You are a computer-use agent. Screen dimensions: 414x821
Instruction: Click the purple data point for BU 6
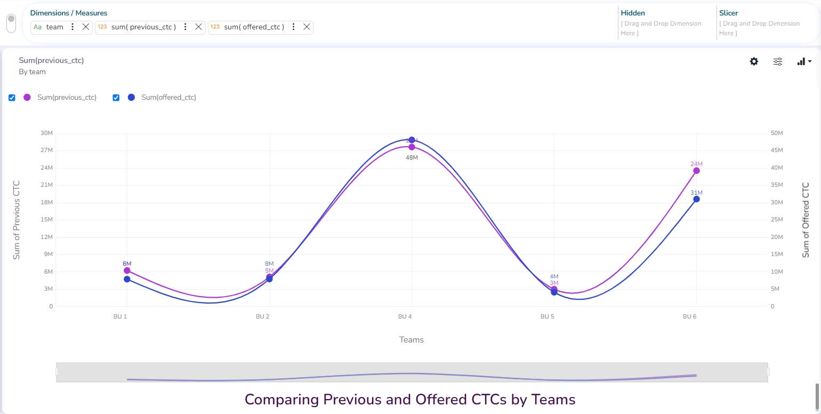coord(696,171)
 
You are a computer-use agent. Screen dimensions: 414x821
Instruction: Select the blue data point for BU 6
coord(696,199)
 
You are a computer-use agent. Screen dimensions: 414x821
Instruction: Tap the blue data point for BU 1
coord(127,279)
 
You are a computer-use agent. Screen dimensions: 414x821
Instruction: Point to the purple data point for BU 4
coord(412,147)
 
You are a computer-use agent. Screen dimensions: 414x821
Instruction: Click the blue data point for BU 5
coord(554,292)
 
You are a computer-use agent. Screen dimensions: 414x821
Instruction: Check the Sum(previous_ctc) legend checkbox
coord(12,98)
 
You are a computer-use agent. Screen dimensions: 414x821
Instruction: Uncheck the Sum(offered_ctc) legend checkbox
coord(116,98)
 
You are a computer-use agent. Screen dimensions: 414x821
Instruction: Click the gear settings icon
coord(754,61)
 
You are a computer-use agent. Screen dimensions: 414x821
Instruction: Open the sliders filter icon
coord(778,61)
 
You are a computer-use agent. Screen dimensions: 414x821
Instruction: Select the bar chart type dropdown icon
coord(804,61)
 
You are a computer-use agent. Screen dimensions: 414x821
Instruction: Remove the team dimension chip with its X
coord(85,27)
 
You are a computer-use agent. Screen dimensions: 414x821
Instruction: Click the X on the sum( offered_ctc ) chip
coord(307,27)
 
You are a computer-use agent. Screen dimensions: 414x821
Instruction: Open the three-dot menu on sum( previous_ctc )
coord(185,27)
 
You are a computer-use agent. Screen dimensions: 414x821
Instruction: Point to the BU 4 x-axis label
coord(405,316)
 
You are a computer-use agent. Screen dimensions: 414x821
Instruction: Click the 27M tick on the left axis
coord(47,150)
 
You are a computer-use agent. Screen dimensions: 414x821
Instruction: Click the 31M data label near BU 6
coord(696,193)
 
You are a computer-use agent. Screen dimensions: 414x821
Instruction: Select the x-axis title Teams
coord(411,339)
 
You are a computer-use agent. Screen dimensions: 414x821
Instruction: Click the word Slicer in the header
coord(728,13)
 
